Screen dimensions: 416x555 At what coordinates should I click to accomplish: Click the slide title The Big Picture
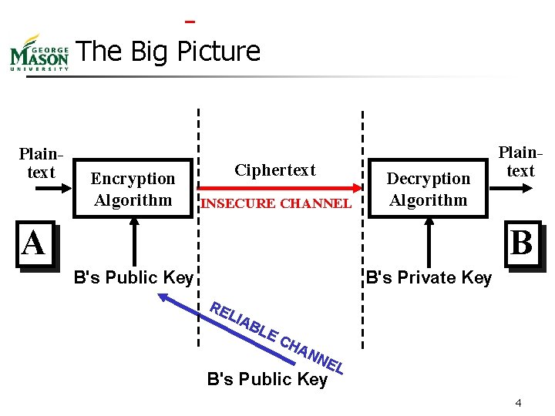point(169,52)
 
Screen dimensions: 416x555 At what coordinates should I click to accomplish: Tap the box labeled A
point(34,245)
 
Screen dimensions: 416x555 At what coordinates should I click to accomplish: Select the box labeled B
point(521,244)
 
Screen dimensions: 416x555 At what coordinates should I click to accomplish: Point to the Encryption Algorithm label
point(133,190)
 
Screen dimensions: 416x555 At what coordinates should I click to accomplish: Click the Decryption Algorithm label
point(428,190)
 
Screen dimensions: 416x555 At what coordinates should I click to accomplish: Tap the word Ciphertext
point(275,170)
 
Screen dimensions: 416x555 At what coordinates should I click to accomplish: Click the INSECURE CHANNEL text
point(275,203)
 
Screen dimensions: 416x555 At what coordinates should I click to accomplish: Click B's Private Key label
point(429,278)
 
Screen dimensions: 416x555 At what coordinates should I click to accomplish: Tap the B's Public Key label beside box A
point(133,278)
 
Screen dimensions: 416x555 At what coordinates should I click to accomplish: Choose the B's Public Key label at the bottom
point(267,379)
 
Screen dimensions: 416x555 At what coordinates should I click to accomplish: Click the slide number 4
point(519,404)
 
